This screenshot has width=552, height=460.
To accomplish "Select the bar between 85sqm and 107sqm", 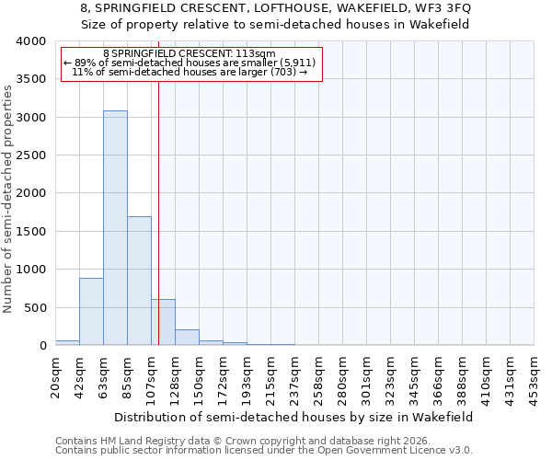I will point(139,281).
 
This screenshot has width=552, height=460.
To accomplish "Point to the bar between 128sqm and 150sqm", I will point(187,337).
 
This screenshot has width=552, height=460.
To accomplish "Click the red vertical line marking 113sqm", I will point(158,212).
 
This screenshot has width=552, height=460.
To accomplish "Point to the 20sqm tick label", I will point(56,375).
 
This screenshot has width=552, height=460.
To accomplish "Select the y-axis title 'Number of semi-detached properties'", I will point(8,198).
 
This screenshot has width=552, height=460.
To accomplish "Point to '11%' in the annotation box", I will point(82,72).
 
